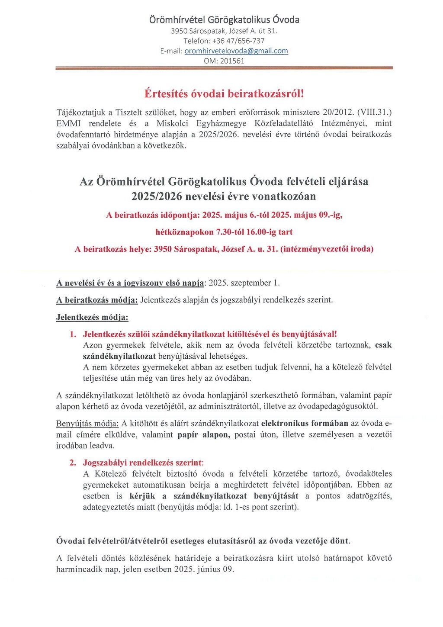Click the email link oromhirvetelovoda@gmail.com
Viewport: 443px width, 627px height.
(236, 51)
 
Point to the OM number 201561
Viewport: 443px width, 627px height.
(232, 61)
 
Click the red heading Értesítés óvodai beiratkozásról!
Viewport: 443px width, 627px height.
(224, 93)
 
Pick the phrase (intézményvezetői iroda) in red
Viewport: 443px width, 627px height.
(327, 249)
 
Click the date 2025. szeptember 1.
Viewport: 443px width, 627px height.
(244, 283)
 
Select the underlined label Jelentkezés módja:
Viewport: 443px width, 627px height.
(92, 317)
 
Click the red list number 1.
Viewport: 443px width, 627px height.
(73, 334)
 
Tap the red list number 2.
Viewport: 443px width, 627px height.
(73, 463)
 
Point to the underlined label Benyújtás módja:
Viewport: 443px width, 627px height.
(87, 423)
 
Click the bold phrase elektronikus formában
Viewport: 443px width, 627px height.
(305, 423)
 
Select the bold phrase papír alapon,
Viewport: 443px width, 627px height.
(204, 434)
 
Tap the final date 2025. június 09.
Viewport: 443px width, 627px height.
(204, 569)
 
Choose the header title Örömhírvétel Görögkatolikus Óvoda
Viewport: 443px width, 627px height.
(224, 20)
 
